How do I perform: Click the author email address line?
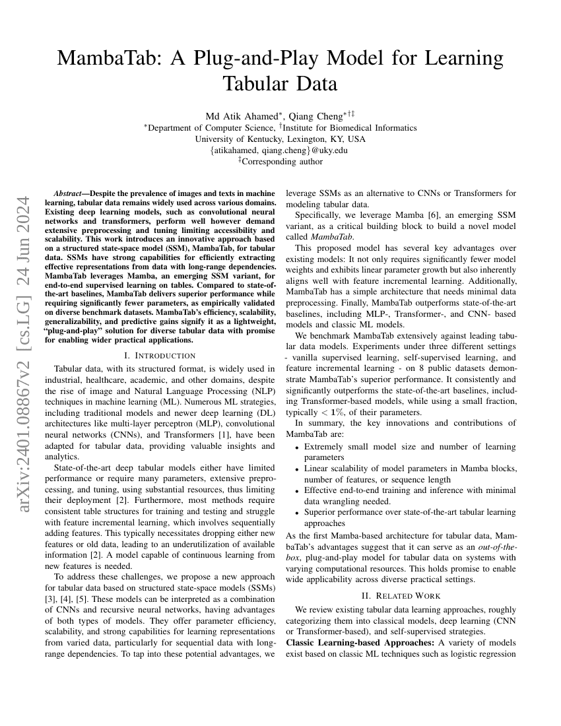tap(280, 150)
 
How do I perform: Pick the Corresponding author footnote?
tap(282, 161)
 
